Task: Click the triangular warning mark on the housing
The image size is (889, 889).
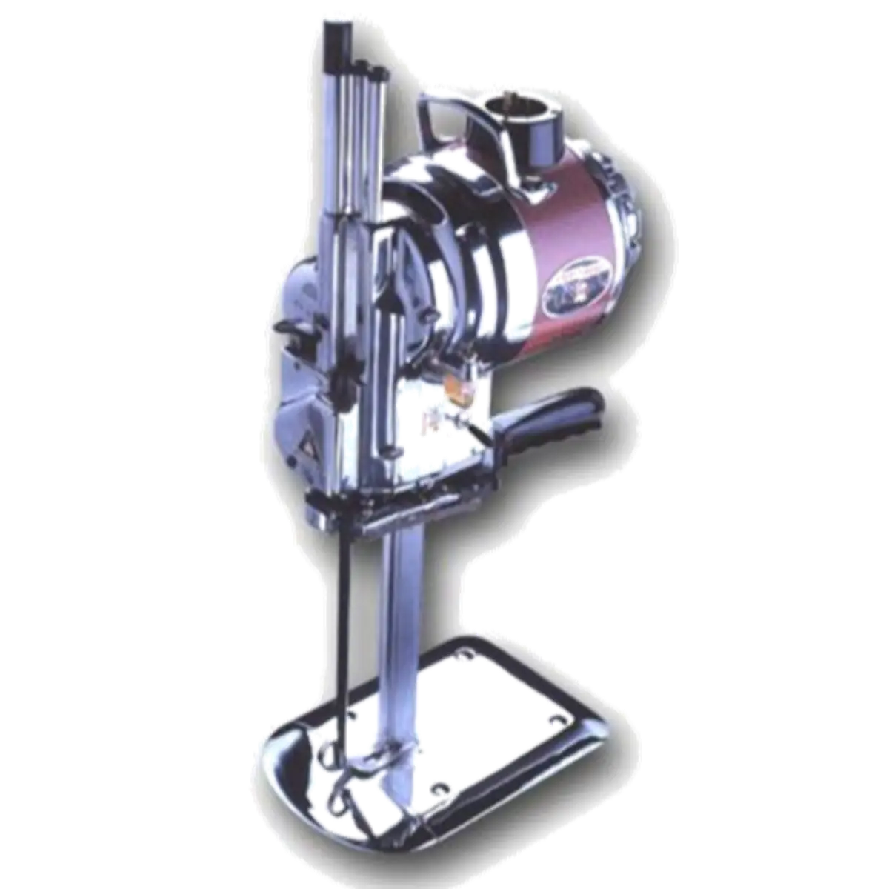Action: [x=303, y=443]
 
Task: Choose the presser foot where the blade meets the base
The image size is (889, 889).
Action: [x=370, y=756]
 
